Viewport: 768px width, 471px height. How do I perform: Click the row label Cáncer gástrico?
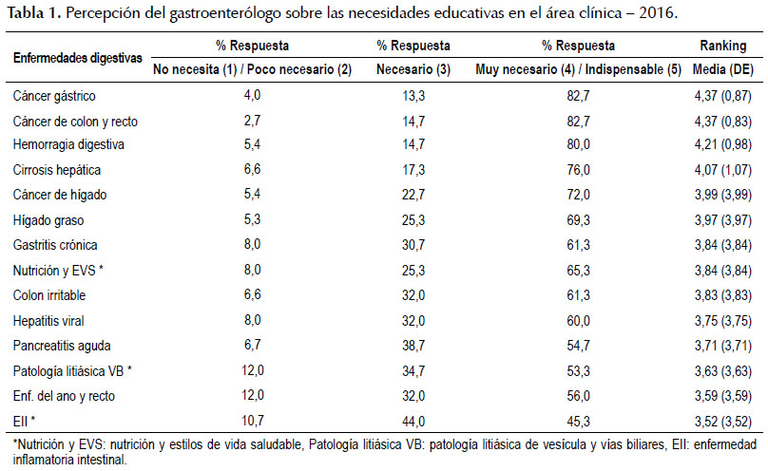54,96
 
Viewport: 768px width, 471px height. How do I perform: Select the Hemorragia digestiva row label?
68,144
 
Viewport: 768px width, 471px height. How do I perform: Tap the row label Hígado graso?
48,220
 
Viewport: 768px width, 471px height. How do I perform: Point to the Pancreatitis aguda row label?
62,346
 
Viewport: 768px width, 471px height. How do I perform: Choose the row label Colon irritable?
49,295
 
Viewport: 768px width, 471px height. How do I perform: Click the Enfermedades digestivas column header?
78,58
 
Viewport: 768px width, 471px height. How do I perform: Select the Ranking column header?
723,46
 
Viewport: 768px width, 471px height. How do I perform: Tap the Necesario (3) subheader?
413,69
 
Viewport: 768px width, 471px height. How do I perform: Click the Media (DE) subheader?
723,69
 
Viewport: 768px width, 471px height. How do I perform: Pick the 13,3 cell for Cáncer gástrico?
413,96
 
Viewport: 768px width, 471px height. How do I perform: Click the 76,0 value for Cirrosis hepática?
579,170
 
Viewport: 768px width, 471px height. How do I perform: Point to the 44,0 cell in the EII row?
413,421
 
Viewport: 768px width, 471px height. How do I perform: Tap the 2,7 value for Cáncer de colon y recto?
252,121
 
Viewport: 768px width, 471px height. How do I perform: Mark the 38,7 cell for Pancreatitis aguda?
413,346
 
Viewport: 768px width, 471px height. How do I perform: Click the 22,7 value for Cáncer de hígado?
413,195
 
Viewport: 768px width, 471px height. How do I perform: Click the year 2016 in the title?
658,12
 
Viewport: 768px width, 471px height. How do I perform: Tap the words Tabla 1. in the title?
34,12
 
